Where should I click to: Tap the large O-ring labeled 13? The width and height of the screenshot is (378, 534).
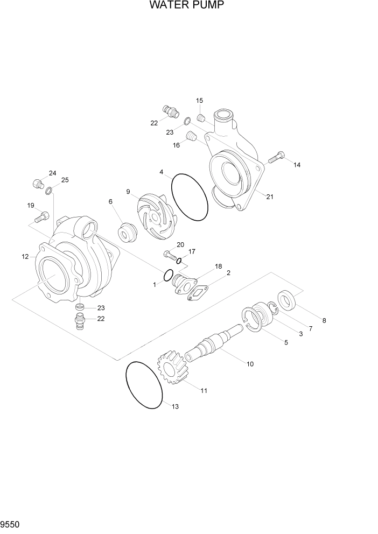[x=144, y=385]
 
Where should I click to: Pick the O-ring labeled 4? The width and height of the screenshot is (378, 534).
[x=190, y=197]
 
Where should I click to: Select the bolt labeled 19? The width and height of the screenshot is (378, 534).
[x=41, y=217]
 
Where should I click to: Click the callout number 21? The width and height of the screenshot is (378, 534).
[x=270, y=196]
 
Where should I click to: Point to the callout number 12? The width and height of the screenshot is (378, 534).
[x=25, y=257]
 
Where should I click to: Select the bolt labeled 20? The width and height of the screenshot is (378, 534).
[x=170, y=254]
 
